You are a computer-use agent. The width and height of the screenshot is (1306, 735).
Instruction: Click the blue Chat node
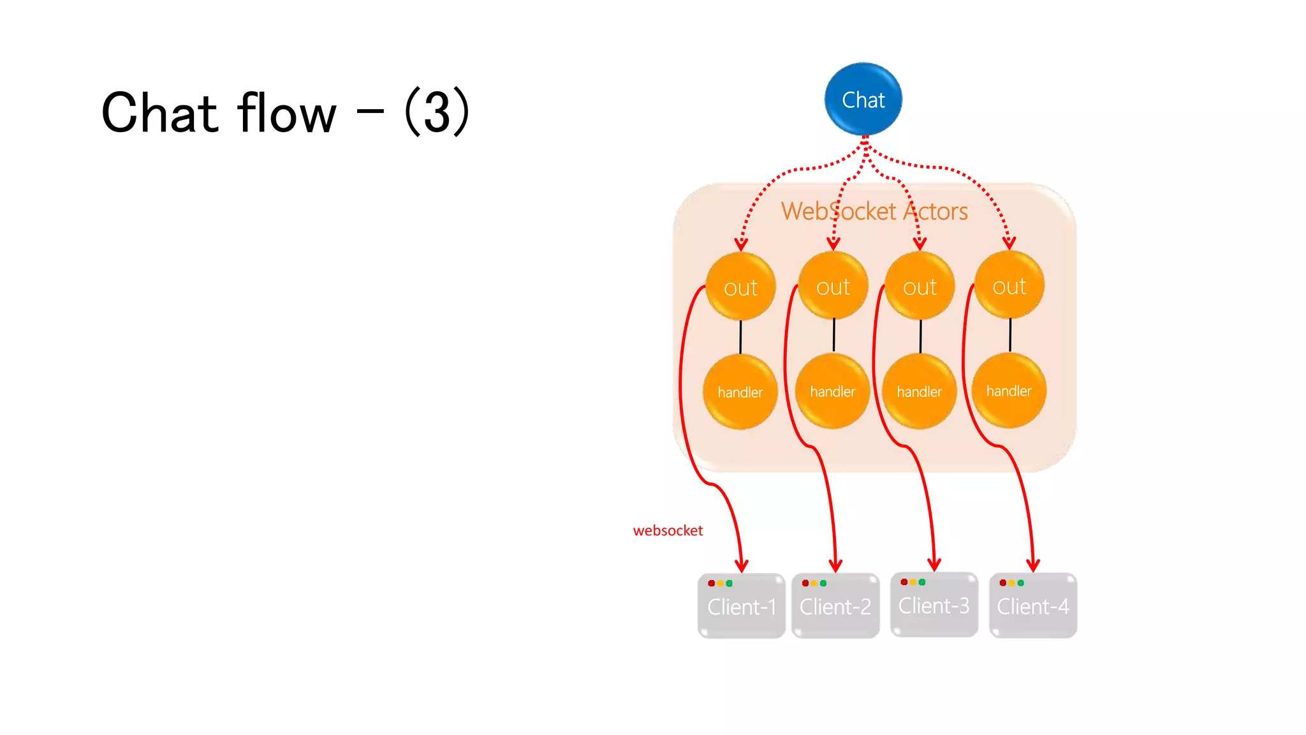863,100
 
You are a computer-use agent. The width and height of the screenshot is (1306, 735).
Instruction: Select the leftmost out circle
740,286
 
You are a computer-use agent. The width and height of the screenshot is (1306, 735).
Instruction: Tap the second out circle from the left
833,286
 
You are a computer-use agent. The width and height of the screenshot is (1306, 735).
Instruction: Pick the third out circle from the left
920,286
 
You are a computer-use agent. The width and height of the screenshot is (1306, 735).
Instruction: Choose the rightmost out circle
1009,285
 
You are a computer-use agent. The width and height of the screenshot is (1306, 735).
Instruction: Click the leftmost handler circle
740,392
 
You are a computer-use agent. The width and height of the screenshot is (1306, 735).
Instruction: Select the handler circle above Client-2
832,391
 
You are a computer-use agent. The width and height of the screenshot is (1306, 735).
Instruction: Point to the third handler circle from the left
919,391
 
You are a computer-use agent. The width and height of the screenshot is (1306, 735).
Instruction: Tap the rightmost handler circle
1009,390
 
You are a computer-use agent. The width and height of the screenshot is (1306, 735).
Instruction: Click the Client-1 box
742,606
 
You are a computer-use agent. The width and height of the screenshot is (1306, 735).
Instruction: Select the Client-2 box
835,606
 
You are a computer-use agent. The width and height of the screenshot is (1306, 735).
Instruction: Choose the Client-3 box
934,605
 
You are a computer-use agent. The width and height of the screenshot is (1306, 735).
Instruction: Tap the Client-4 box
1033,606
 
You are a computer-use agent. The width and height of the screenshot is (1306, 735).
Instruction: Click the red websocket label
668,531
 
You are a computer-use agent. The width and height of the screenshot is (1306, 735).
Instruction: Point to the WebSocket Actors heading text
874,211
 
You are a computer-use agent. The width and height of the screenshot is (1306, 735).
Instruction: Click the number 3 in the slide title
437,113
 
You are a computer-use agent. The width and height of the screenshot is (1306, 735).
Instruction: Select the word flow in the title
286,113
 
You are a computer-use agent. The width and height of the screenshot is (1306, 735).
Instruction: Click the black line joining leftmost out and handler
740,337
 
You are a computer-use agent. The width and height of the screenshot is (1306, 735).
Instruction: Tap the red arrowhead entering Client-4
1033,565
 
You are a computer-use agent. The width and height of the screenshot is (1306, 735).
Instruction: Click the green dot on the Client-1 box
730,583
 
